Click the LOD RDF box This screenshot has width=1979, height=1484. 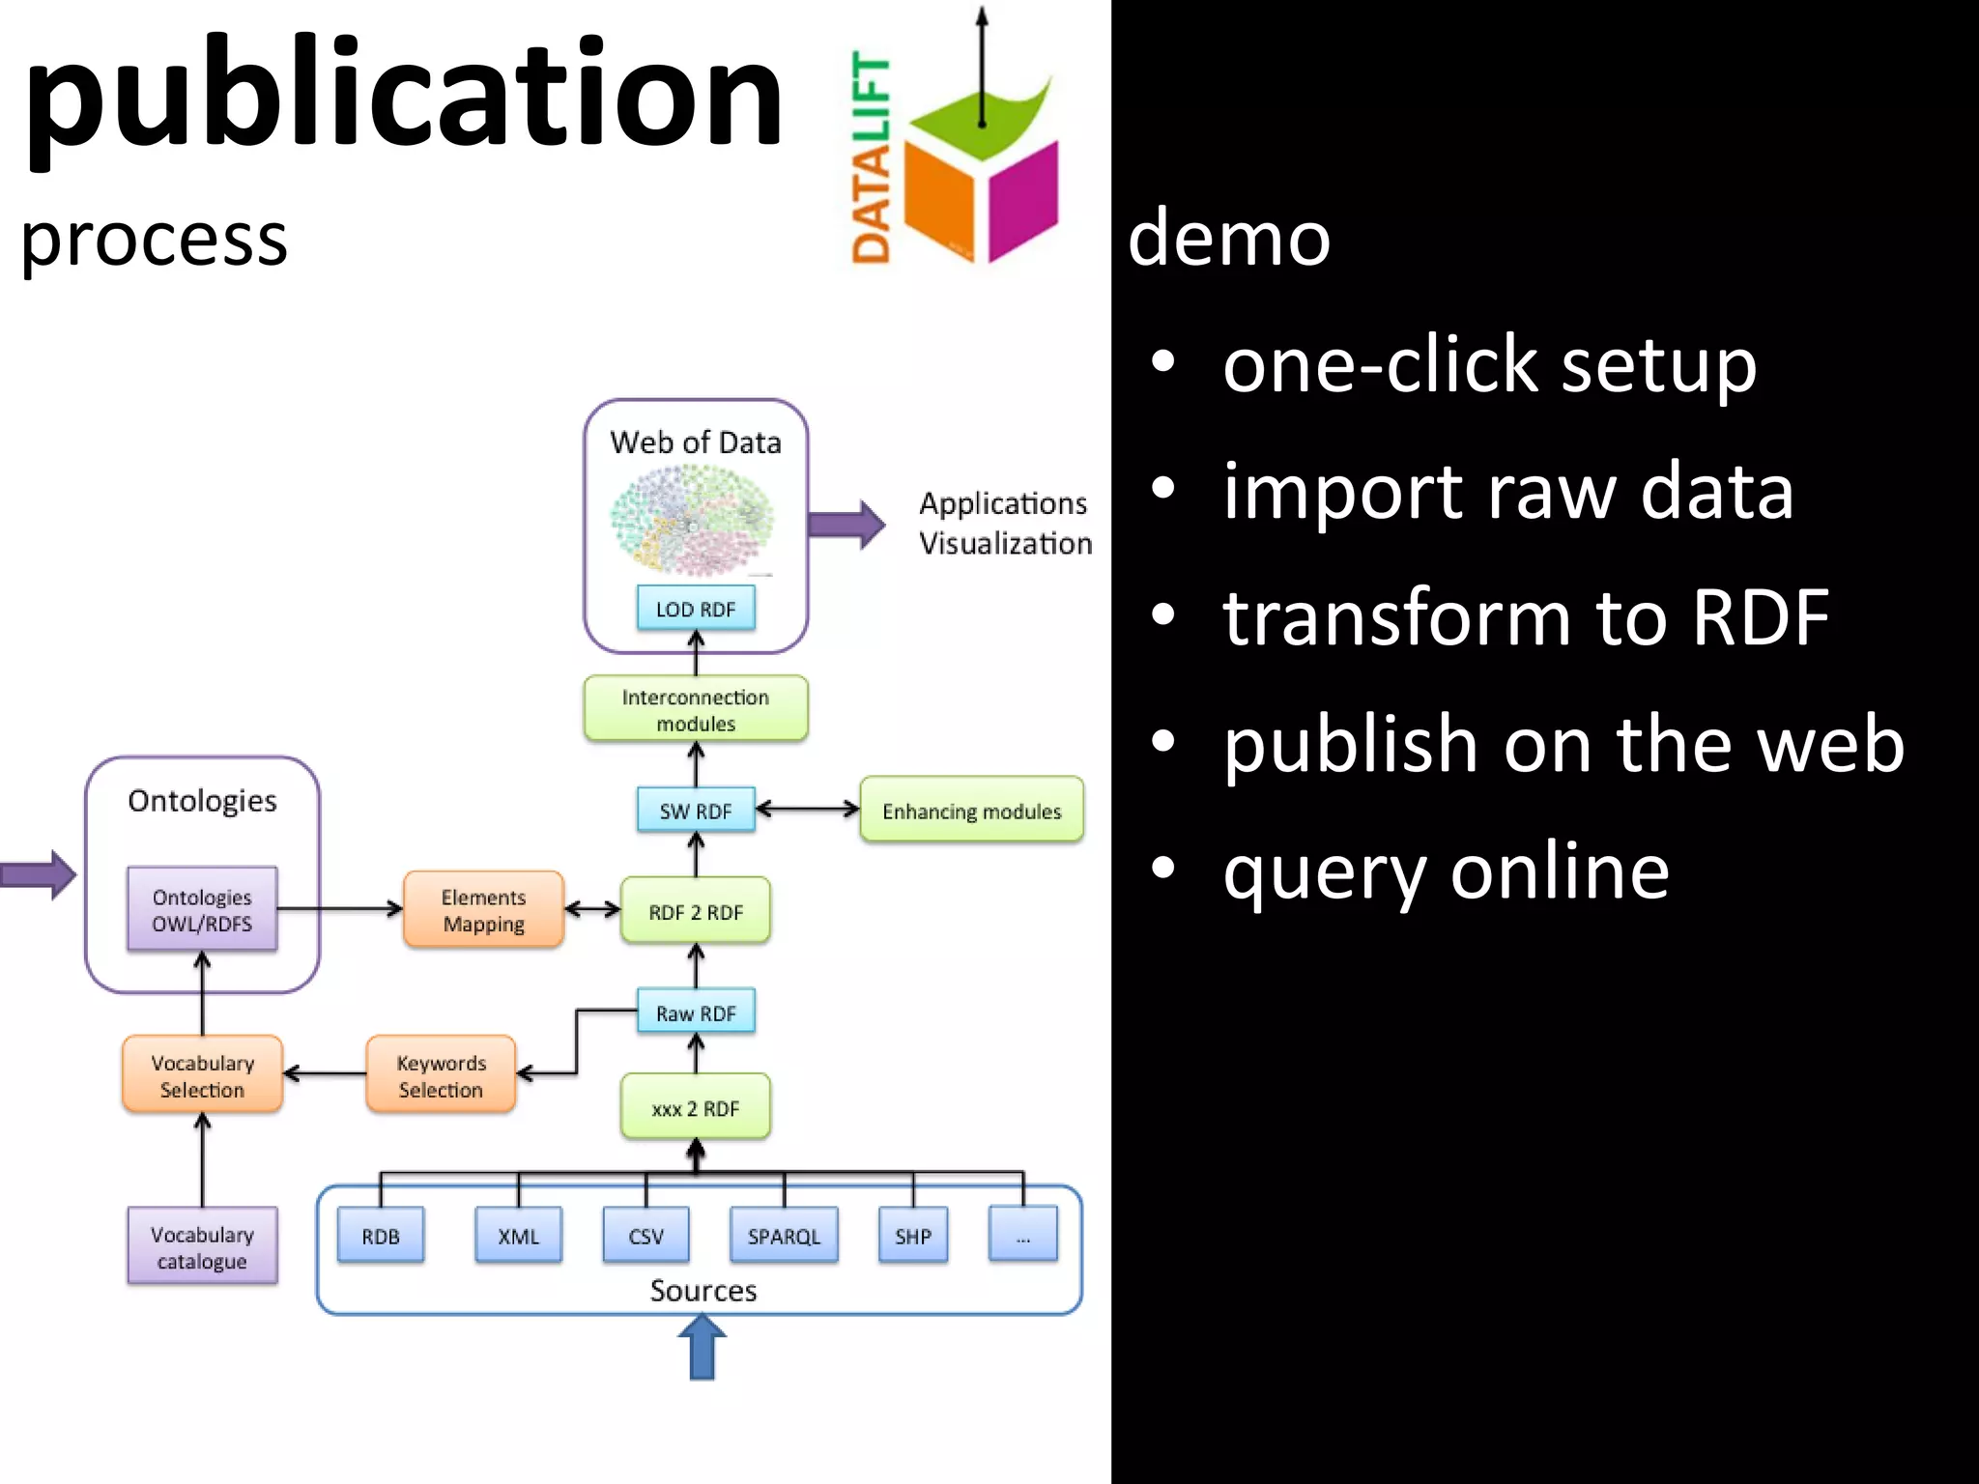[696, 609]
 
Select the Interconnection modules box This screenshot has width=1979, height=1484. [696, 709]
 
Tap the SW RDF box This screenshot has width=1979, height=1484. [696, 811]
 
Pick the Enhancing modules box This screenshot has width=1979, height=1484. [971, 811]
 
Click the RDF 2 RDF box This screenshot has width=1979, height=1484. [696, 911]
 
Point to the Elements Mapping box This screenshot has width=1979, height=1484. [483, 910]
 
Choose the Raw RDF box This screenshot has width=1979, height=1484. [696, 1013]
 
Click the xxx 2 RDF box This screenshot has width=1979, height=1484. [696, 1108]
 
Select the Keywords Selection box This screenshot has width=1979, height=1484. [441, 1075]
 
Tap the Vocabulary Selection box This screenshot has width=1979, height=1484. [202, 1075]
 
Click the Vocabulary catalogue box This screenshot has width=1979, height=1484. [202, 1247]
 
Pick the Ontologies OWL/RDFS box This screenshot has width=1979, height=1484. [202, 910]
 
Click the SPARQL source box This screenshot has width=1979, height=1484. [784, 1236]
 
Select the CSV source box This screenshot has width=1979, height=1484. [645, 1236]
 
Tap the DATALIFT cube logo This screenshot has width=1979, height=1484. [981, 174]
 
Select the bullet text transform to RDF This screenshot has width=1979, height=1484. [1525, 616]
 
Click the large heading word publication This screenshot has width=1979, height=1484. [404, 97]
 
